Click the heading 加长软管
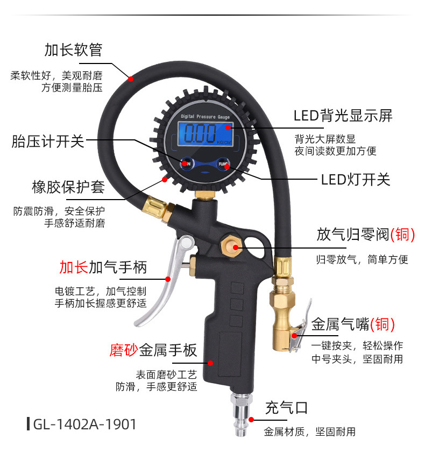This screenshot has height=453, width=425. click(73, 51)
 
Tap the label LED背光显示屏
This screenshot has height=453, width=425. click(343, 116)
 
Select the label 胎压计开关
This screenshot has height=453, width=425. click(48, 141)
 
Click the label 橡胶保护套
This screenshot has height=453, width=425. click(68, 188)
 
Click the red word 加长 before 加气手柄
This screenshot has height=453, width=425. click(73, 267)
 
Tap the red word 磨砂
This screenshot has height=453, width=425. click(124, 351)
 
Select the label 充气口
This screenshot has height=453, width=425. click(286, 407)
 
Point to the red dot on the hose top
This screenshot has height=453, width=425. click(130, 79)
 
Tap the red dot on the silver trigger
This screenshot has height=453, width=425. click(168, 279)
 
